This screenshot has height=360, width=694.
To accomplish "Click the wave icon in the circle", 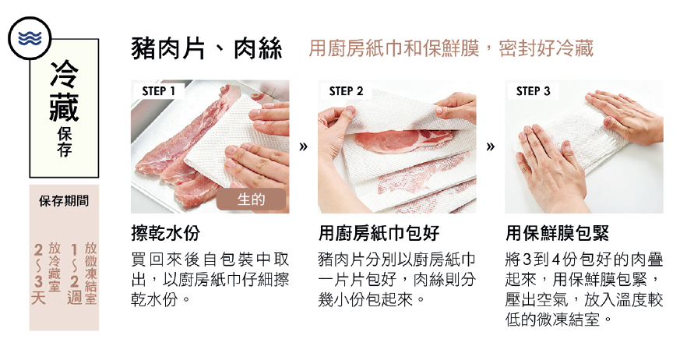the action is pos(30,38).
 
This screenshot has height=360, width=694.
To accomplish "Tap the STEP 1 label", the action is pos(158,91).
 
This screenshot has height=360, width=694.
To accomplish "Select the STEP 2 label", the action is pos(346,91).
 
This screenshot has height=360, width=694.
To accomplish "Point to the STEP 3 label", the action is pos(533,91).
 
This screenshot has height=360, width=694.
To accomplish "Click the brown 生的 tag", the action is pos(251,199).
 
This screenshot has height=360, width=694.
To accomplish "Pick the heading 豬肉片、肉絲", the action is pos(206,49).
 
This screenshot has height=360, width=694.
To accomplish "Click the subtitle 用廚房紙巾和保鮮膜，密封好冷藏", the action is pos(450,48).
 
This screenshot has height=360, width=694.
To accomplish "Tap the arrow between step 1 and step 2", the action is pos(303,146).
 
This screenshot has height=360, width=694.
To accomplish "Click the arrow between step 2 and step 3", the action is pos(491,146).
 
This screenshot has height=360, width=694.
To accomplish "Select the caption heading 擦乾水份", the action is pos(166,233).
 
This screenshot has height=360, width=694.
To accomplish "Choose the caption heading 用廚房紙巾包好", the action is pos(379,233).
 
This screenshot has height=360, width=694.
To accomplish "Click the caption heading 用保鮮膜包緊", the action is pos(557,233).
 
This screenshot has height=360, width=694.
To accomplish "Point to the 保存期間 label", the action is pos(64,201).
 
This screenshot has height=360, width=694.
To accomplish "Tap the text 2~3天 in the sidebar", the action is pos(38,274).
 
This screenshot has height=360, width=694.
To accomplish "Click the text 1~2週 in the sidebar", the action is pos(74,274).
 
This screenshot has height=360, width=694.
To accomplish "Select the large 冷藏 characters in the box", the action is pos(64,90).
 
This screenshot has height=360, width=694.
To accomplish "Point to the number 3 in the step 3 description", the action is pos(527,259).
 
